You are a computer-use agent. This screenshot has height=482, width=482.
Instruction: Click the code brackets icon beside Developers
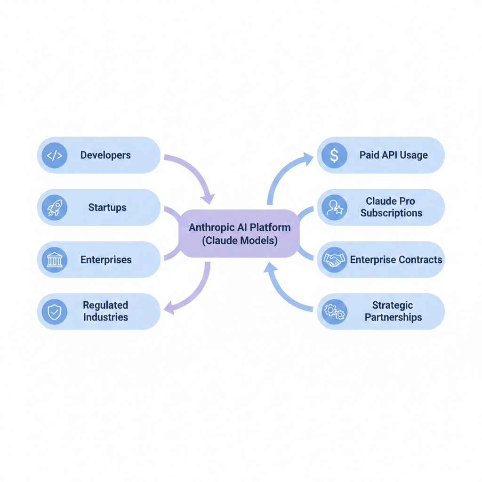[x=55, y=155]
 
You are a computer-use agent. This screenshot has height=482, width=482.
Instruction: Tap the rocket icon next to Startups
[x=55, y=208]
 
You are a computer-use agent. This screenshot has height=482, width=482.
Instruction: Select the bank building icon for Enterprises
[x=55, y=260]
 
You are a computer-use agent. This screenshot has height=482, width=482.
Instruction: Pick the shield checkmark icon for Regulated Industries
[x=55, y=312]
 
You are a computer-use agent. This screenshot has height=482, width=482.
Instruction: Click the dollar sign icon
[x=334, y=155]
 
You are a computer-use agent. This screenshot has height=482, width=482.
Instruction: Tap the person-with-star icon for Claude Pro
[x=334, y=208]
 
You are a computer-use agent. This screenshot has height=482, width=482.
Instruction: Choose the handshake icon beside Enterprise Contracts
[x=334, y=260]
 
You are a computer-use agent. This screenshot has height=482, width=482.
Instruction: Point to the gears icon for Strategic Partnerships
[x=334, y=312]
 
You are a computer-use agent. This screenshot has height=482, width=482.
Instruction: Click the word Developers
[x=105, y=155]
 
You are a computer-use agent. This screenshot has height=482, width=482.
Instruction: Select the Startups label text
[x=107, y=208]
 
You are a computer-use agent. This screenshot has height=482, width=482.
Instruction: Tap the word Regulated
[x=105, y=305]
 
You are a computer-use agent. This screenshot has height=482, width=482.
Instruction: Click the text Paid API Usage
[x=394, y=155]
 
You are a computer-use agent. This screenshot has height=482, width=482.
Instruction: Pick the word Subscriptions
[x=391, y=213]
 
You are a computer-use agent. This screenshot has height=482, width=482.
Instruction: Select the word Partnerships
[x=394, y=317]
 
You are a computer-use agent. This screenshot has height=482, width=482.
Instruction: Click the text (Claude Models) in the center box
[x=240, y=241]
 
